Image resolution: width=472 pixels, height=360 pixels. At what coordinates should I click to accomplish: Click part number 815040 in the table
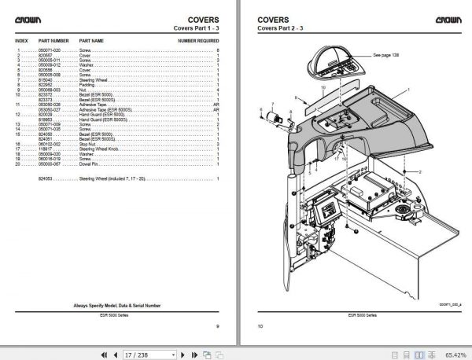pos(50,79)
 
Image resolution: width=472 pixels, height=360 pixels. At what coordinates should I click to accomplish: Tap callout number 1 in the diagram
pos(408,90)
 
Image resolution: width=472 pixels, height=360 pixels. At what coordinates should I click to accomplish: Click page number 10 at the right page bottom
pos(261,324)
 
